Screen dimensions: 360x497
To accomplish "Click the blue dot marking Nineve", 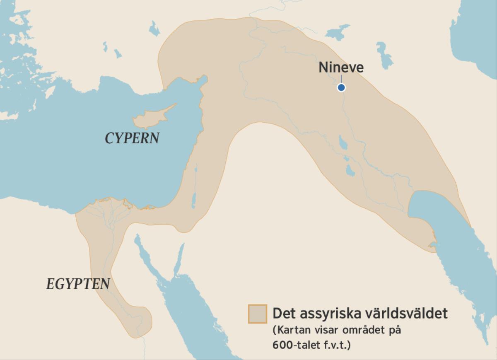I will point(341,87).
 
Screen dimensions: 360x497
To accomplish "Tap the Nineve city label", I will point(341,68).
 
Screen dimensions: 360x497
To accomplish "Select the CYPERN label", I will point(132,138).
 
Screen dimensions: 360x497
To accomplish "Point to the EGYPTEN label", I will point(78,284).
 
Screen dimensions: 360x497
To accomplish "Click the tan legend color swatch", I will point(257,314).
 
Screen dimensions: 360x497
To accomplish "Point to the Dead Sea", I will point(193,199).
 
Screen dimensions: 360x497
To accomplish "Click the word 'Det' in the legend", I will point(283,313).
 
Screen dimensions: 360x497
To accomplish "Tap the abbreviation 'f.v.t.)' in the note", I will point(337,345).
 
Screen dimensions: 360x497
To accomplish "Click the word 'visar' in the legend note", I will point(324,331).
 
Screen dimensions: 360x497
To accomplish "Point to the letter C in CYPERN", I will point(110,138).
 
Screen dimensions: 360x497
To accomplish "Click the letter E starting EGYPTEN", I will point(50,284).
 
